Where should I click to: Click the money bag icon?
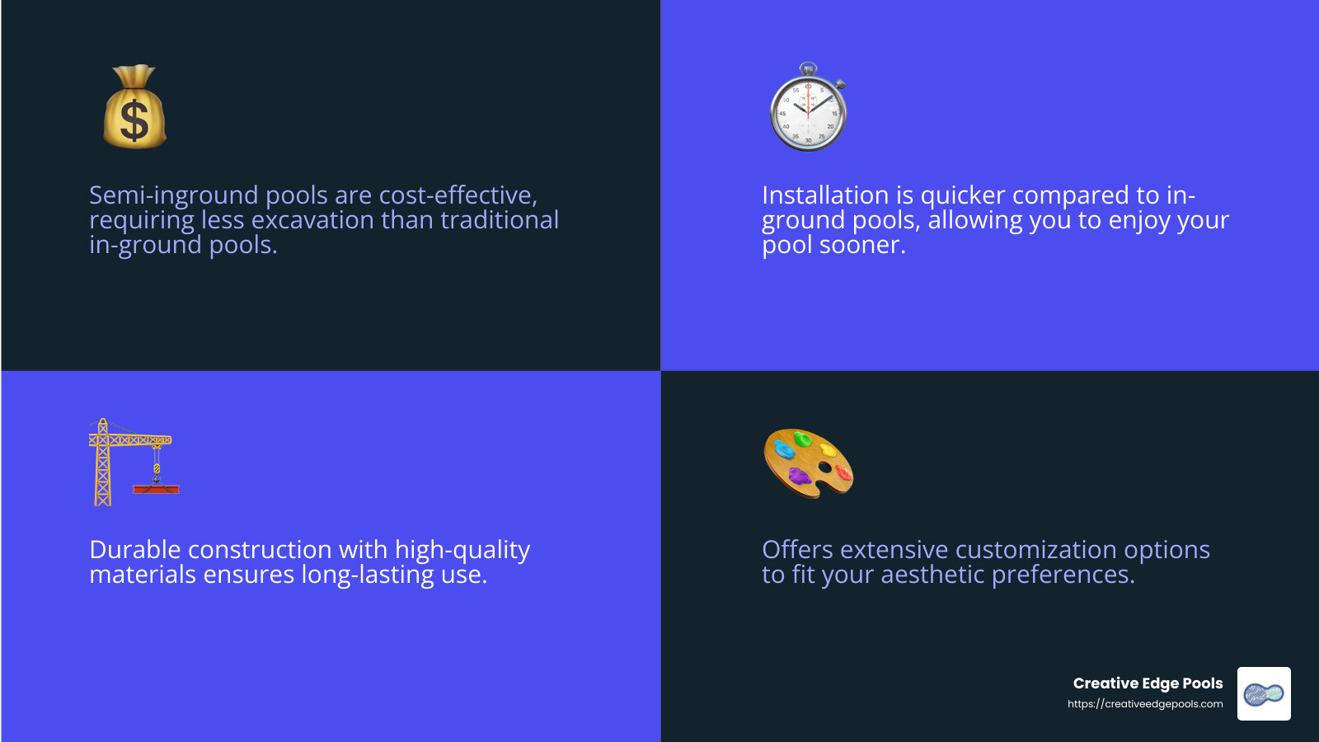point(135,106)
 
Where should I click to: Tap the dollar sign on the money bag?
point(134,120)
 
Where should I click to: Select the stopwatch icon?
point(809,106)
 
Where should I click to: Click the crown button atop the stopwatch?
point(808,68)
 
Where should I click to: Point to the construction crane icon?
point(134,463)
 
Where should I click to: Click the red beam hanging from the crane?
point(156,489)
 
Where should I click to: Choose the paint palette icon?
point(809,463)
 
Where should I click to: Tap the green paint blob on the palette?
point(803,439)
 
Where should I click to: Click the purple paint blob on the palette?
point(800,475)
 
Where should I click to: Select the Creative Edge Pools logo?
point(1264,693)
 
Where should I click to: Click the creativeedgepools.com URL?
point(1145,704)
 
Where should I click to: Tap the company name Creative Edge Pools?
point(1148,683)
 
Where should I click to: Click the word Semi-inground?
point(174,195)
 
